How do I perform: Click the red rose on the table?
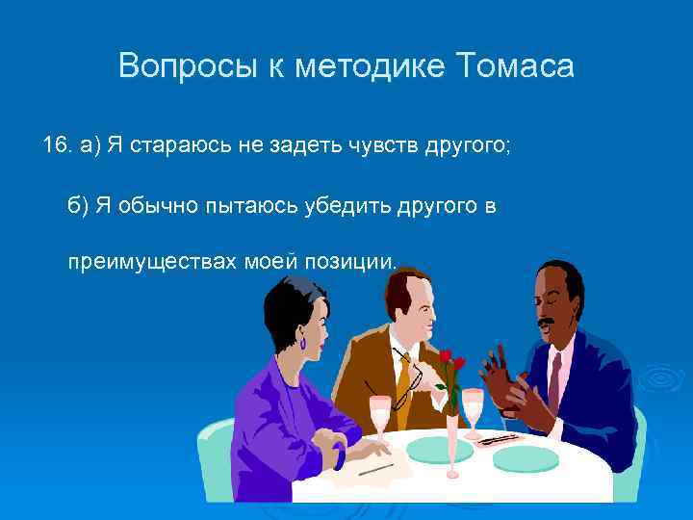pos(447,359)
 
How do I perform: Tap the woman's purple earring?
pos(303,341)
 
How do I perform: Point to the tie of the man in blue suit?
pos(554,380)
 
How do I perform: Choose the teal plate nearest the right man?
pos(525,456)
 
